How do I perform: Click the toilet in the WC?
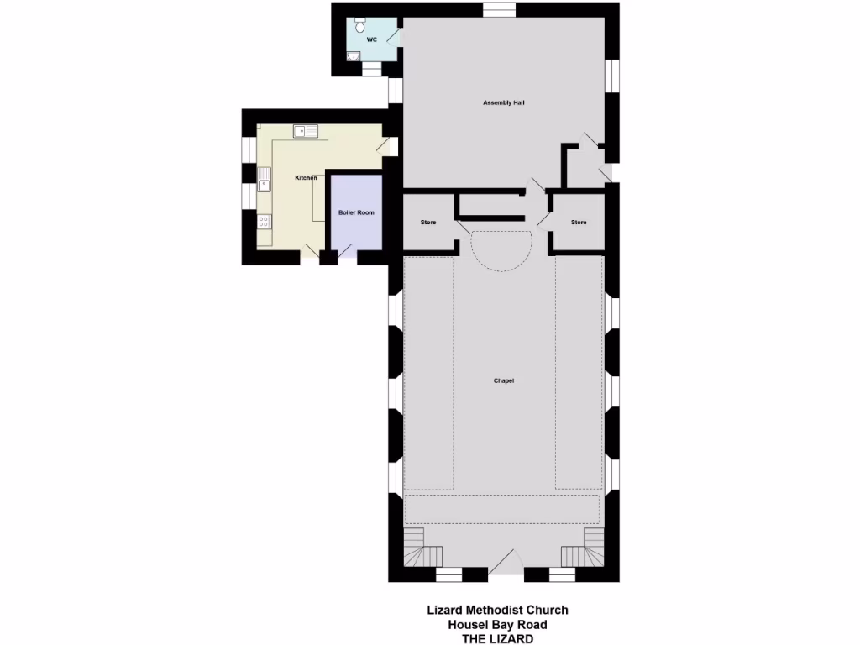[x=360, y=21]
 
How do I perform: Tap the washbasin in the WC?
[x=354, y=56]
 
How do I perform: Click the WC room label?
[x=371, y=39]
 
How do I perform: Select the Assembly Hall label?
[x=504, y=102]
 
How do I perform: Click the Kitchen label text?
[x=306, y=178]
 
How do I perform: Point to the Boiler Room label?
[x=356, y=212]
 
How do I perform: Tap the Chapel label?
[x=503, y=380]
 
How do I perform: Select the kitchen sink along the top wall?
[x=305, y=131]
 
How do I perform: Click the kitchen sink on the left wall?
[x=265, y=179]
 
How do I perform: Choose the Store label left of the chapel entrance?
[x=428, y=223]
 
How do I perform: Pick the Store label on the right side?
[x=579, y=223]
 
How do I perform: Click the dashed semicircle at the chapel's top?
[x=501, y=250]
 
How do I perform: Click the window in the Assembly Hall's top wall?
[x=500, y=10]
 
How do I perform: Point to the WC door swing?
[x=393, y=38]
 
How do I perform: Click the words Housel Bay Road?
[x=497, y=624]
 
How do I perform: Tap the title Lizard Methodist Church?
[x=497, y=610]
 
